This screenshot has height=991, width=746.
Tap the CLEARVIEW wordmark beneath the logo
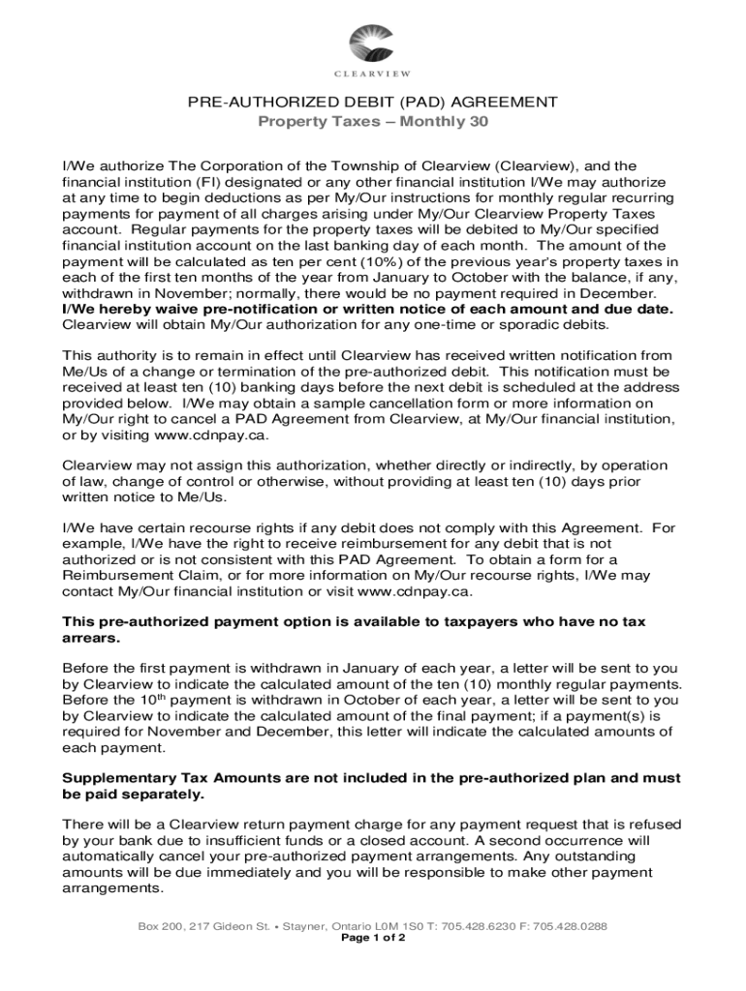(x=373, y=75)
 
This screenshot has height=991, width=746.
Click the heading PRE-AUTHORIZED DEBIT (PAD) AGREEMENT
(x=373, y=103)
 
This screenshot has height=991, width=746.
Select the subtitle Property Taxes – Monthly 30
(x=373, y=122)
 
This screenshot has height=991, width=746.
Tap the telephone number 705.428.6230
(x=481, y=925)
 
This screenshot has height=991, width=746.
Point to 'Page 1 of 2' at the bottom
(x=373, y=938)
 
